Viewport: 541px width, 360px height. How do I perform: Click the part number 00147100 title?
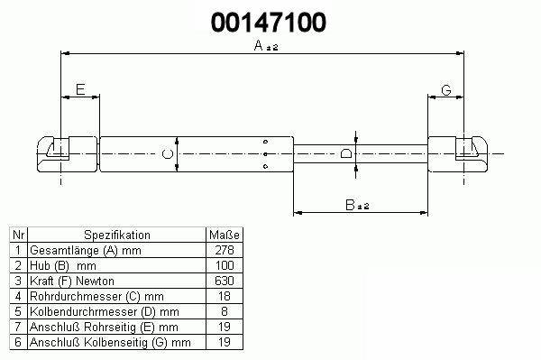(269, 23)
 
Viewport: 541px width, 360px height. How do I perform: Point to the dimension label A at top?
(266, 45)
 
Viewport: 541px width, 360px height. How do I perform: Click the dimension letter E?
(80, 89)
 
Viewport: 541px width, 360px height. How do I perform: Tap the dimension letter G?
(446, 90)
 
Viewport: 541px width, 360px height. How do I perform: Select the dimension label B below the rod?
(357, 205)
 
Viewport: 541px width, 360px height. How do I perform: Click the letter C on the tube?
(168, 154)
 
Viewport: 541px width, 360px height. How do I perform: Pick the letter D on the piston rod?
(346, 153)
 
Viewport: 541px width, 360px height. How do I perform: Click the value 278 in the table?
(225, 250)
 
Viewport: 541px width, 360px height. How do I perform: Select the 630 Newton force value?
(225, 281)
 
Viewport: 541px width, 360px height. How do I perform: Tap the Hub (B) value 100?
(225, 265)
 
